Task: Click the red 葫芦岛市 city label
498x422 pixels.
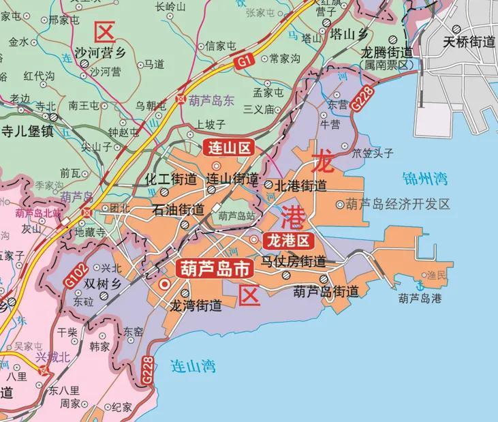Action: pos(214,269)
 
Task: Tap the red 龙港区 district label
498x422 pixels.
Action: pos(289,240)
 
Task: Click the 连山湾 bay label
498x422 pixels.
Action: pos(193,367)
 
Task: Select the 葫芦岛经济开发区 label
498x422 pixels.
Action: pos(398,204)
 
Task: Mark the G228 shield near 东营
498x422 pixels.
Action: pos(363,101)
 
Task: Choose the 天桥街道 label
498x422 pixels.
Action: pos(469,42)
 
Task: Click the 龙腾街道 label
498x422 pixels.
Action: pos(386,52)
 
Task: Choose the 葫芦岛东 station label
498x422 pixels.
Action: pos(211,98)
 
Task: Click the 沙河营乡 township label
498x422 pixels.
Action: pos(100,52)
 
